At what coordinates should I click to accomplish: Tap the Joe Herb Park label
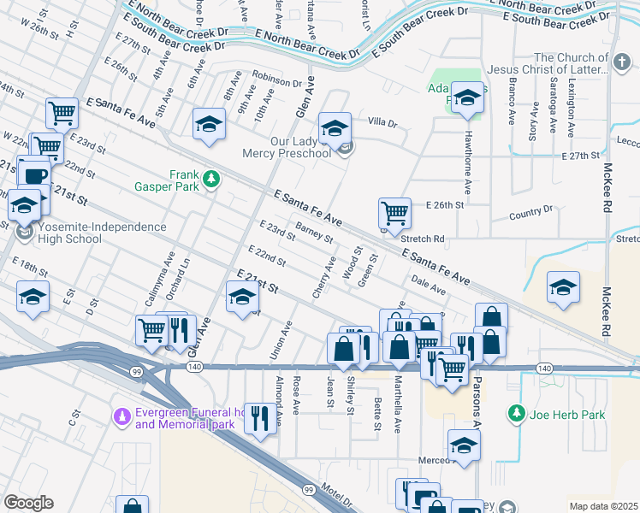(569, 415)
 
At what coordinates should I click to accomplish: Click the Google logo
(28, 502)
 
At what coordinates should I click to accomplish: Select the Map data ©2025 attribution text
(603, 506)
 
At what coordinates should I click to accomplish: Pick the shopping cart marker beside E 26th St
(394, 213)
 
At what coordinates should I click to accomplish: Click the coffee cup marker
(35, 175)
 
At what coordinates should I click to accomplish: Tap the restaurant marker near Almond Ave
(260, 417)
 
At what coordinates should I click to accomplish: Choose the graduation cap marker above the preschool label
(335, 128)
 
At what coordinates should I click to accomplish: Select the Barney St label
(313, 232)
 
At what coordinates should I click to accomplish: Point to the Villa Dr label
(383, 123)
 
